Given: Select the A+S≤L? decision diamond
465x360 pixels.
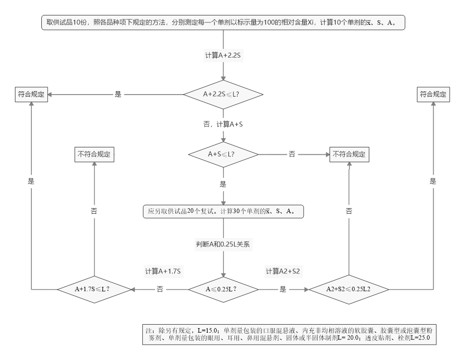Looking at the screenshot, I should tap(223, 154).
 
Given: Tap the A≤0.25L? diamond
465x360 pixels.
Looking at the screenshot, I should tap(223, 289).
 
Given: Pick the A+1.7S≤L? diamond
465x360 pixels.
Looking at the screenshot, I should tap(93, 289).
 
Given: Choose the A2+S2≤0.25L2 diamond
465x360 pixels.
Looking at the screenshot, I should tap(349, 289).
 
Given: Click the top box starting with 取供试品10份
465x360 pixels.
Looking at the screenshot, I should tap(223, 23).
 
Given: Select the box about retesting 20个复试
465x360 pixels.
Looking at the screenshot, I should tap(223, 211).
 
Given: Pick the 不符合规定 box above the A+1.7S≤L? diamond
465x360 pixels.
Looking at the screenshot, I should tap(94, 154).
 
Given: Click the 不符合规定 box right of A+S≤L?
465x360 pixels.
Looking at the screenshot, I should tap(349, 154).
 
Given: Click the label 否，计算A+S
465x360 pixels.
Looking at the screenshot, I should tap(223, 124).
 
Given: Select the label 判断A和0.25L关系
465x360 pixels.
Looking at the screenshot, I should tap(223, 244).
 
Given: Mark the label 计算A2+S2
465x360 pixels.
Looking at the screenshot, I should tap(282, 271).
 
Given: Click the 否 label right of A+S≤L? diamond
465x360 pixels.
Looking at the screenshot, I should tap(292, 154).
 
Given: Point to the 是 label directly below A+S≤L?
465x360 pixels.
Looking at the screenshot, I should tap(223, 184).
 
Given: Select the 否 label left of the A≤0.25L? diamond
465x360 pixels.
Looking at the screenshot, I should tap(160, 289).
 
